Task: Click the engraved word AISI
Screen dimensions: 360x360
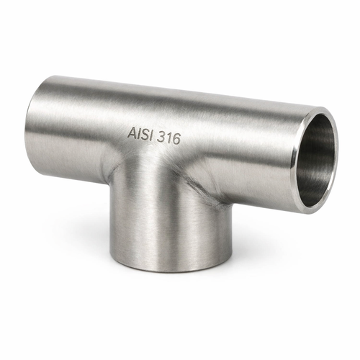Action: click(140, 134)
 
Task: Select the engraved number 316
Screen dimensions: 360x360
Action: click(168, 138)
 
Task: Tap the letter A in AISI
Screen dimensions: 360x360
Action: click(132, 132)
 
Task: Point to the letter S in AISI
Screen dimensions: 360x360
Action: click(144, 135)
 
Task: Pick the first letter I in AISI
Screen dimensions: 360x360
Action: click(138, 133)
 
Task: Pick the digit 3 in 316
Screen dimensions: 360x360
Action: click(161, 137)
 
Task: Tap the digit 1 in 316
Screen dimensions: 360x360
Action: click(168, 138)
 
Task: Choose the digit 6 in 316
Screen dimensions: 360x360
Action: click(176, 140)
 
